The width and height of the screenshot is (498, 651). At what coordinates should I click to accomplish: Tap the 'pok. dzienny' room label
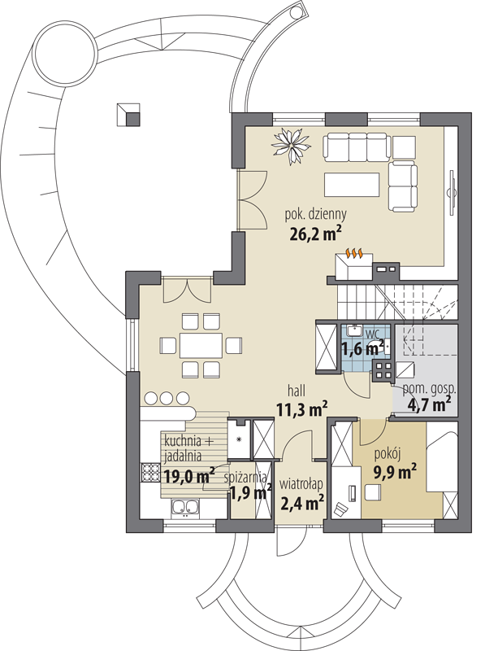tap(315, 215)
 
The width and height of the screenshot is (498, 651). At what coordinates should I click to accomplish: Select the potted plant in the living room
tap(291, 145)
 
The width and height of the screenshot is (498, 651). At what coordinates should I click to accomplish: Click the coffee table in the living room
tap(352, 185)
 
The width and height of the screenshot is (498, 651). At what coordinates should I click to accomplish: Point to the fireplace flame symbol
tap(353, 252)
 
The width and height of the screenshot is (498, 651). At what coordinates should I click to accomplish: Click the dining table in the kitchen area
tap(201, 345)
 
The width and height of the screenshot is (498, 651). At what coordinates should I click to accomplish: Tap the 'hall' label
tap(297, 391)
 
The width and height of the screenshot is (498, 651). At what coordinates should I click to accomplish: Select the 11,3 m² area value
tap(302, 409)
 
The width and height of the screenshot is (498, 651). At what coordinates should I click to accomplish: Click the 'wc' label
tap(371, 333)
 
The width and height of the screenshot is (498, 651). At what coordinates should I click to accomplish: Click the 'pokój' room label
tap(387, 455)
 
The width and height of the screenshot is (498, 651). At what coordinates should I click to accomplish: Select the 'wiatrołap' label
tap(301, 484)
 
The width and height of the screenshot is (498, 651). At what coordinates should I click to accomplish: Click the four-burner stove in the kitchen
tap(150, 472)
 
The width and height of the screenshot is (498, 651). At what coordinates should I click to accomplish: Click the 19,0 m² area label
tap(189, 475)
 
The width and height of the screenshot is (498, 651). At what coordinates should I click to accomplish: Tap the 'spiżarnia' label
tap(245, 478)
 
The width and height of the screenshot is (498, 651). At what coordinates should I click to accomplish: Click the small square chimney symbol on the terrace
tap(128, 114)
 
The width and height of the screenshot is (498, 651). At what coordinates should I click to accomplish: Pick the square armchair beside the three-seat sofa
tap(404, 146)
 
